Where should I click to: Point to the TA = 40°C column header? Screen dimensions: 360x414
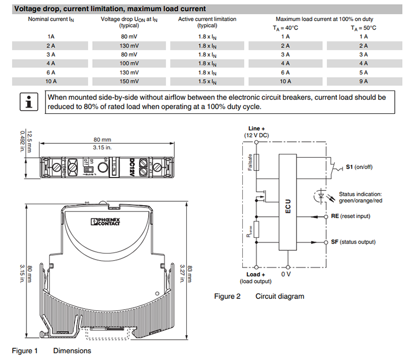coord(286,28)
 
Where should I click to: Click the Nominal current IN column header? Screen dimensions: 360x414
coord(51,19)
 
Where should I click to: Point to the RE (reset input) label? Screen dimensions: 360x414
coord(350,216)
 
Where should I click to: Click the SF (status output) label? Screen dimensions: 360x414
coord(353,242)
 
